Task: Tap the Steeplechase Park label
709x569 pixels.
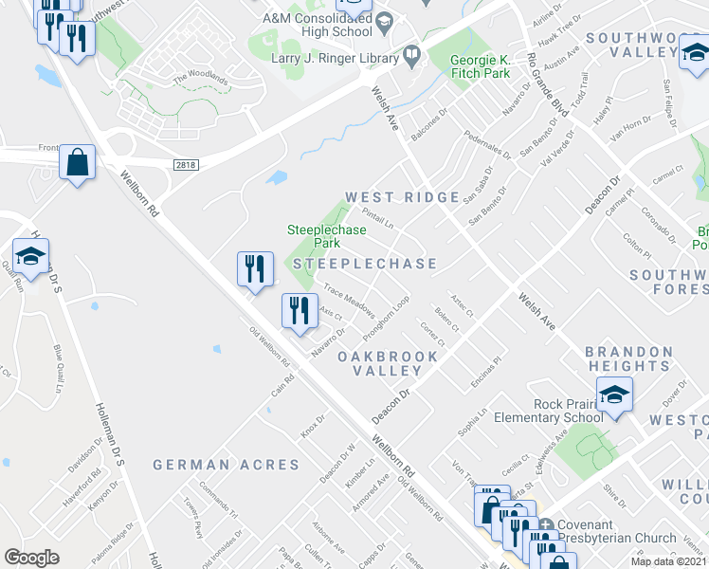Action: (x=327, y=236)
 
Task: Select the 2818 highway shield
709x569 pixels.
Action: (x=186, y=164)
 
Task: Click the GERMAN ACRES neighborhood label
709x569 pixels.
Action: (x=226, y=465)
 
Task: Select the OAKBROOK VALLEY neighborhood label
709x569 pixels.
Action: (x=395, y=363)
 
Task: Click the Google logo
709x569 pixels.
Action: (x=32, y=557)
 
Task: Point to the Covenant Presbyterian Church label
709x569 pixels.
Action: (x=617, y=531)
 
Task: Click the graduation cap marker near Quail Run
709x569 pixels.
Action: (x=30, y=255)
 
